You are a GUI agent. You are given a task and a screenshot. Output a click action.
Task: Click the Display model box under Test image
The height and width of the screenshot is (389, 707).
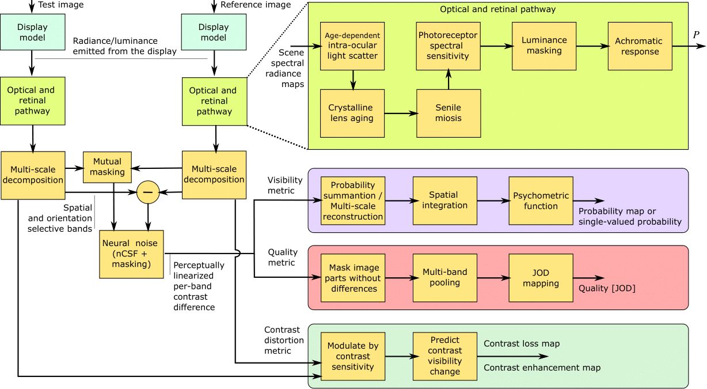(x=32, y=32)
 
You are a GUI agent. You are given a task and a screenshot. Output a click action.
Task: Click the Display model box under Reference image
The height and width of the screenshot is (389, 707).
(x=214, y=32)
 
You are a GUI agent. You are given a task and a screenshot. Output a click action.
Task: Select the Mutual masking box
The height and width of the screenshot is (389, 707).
(x=108, y=167)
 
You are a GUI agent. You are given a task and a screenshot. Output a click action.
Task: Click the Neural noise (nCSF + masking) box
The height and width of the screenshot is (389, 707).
(x=132, y=254)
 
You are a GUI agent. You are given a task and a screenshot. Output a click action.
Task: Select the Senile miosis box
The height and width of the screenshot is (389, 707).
(x=448, y=113)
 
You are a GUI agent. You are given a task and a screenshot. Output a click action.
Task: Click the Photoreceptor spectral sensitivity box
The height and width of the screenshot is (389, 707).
(x=448, y=46)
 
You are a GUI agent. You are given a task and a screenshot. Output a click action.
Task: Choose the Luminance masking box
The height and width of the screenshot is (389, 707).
(x=544, y=46)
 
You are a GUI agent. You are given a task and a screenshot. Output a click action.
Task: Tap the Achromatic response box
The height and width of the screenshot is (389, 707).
(x=639, y=46)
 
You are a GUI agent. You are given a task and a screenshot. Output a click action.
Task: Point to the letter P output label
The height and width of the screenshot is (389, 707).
(x=696, y=35)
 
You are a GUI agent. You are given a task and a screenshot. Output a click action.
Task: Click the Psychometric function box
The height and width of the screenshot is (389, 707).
(x=541, y=201)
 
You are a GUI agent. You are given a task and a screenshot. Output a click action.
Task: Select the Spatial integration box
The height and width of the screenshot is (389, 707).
(x=445, y=201)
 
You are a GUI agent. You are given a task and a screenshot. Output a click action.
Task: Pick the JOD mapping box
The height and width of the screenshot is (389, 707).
(x=541, y=278)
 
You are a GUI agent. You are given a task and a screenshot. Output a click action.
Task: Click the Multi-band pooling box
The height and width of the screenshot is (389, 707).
(x=445, y=278)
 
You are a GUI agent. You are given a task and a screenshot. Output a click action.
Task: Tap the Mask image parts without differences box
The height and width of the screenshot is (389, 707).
(x=353, y=278)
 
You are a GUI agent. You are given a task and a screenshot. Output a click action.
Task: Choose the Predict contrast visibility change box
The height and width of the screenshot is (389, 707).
(x=445, y=356)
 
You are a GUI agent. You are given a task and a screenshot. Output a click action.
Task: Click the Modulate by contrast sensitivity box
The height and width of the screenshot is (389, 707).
(x=353, y=356)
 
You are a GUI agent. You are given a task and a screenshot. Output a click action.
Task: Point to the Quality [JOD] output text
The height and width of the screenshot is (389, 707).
(x=607, y=289)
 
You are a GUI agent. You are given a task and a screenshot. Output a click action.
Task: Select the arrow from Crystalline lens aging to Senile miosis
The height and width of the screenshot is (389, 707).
(x=400, y=114)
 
